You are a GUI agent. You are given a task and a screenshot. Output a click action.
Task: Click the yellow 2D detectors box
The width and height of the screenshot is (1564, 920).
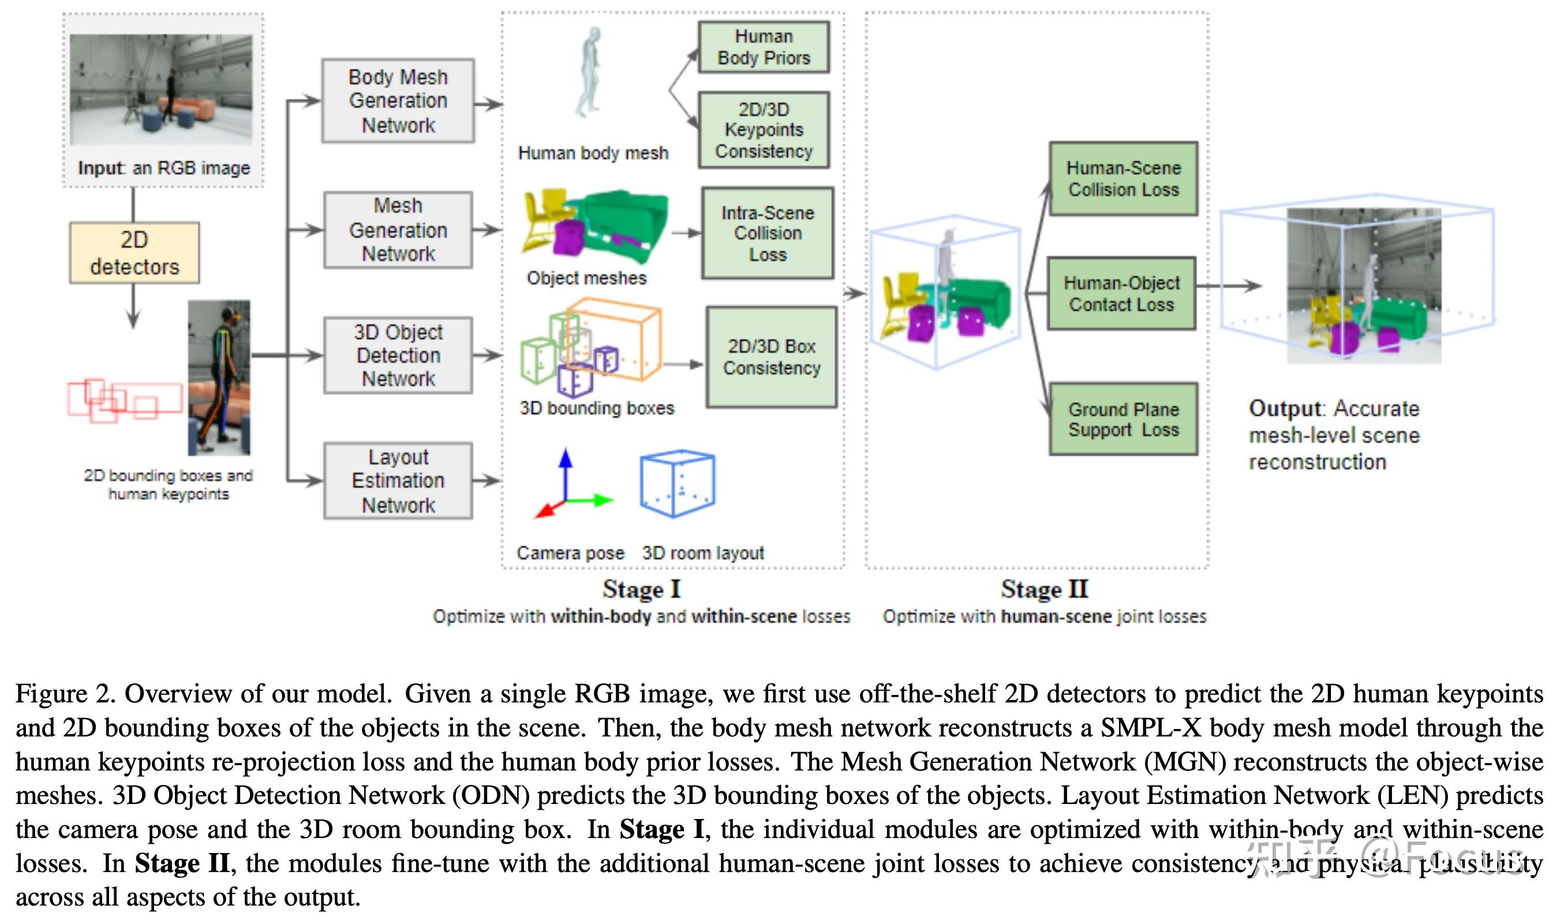[x=134, y=253]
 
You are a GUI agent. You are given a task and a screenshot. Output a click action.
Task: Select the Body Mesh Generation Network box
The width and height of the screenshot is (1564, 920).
[x=398, y=101]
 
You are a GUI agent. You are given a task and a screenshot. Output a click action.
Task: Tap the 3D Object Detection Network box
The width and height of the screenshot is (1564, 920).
[x=398, y=355]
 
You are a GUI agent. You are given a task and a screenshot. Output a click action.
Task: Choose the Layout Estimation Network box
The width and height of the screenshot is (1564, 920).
[x=398, y=480]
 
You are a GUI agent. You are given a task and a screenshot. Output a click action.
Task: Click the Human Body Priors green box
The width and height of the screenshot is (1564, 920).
[x=764, y=47]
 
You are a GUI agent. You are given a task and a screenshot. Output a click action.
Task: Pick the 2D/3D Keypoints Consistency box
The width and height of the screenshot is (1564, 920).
[x=764, y=130]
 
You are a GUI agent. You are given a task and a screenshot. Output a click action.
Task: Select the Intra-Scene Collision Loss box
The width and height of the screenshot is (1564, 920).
[x=767, y=233]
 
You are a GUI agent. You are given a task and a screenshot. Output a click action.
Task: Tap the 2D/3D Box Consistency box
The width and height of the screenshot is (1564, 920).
[x=771, y=357]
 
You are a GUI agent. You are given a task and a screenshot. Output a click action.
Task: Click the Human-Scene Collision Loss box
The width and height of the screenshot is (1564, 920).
[x=1123, y=179]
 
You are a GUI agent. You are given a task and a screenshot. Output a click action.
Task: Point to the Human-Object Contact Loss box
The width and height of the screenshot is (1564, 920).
[x=1121, y=294]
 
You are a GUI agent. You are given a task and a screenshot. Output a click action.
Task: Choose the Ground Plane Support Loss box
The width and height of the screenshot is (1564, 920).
[x=1123, y=420]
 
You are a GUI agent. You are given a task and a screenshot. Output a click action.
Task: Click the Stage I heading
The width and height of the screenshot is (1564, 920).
[x=641, y=589]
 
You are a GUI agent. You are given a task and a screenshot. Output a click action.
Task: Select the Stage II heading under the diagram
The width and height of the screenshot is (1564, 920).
[x=1044, y=589]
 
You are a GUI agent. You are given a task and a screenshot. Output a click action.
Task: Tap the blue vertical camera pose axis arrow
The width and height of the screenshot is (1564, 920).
[x=565, y=472]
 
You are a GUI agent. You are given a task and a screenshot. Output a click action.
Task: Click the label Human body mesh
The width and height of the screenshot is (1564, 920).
[x=593, y=153]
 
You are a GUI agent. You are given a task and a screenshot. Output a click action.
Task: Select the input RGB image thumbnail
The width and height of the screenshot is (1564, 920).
[x=161, y=90]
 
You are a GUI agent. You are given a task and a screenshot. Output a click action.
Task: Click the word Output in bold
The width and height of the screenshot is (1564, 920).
[x=1285, y=409]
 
